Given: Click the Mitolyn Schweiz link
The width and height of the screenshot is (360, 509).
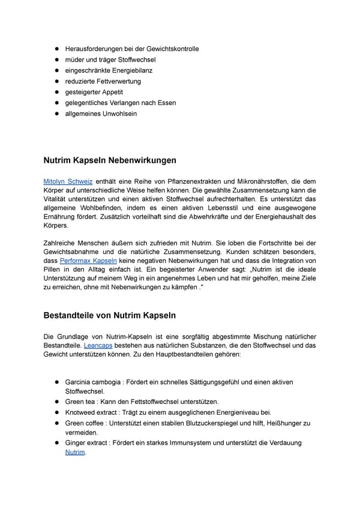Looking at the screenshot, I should click(67, 181).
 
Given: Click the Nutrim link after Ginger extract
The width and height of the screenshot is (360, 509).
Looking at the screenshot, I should click(75, 452).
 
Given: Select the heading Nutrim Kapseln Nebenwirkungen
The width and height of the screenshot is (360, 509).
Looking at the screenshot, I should click(110, 160).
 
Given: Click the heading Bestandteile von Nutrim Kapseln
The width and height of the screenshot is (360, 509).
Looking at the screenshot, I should click(110, 315).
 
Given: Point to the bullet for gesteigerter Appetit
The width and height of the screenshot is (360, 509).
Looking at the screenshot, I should click(56, 92).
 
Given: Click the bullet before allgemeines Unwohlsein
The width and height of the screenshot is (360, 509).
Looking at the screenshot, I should click(56, 113).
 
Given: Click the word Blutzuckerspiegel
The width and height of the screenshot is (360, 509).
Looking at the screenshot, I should click(218, 423).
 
